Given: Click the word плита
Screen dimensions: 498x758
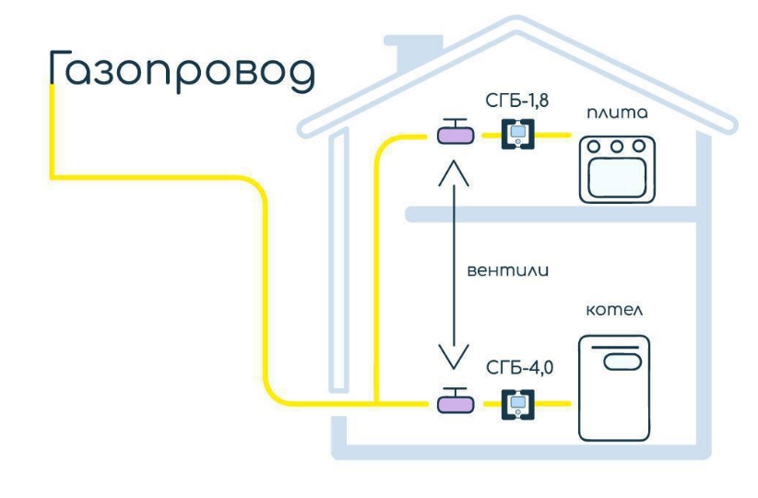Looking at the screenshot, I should tap(617, 113).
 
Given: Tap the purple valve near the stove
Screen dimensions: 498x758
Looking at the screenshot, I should tap(455, 137).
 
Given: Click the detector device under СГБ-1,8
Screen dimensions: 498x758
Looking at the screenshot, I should tap(518, 136).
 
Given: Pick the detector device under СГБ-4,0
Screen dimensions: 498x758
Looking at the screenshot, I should tap(518, 403).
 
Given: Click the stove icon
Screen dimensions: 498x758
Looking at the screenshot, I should tap(616, 169).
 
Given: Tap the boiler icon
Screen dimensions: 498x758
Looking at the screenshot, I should tap(615, 388).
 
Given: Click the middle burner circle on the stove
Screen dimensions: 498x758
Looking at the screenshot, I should tap(616, 145).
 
